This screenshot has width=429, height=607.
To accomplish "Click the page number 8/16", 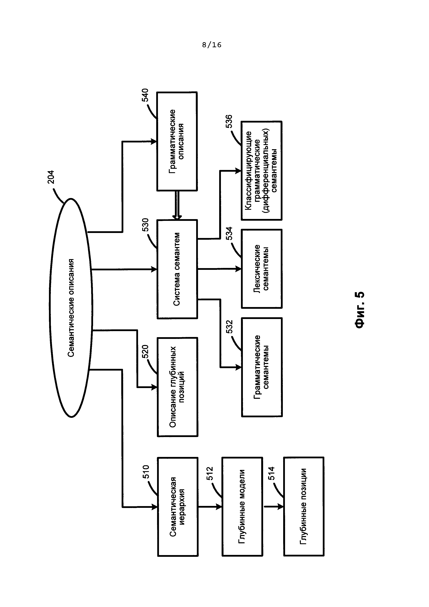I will tap(212, 45).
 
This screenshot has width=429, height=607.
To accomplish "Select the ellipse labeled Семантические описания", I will tap(71, 308).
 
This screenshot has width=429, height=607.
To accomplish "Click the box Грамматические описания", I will tap(177, 141).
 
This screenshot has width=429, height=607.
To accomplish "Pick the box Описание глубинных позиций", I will tap(177, 387).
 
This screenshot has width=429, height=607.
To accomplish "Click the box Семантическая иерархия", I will tap(177, 507).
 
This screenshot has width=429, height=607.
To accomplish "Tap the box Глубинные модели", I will tap(242, 507).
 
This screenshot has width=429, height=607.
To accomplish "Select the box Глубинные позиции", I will tap(304, 507).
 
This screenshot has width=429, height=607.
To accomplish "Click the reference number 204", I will tap(51, 177).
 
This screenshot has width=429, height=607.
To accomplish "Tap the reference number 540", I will tap(145, 95).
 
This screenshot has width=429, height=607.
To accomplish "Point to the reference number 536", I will tap(229, 121).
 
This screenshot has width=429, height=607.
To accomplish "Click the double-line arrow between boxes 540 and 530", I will tap(177, 205).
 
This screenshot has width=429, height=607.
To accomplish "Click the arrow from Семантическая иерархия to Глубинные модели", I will tap(210, 507).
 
